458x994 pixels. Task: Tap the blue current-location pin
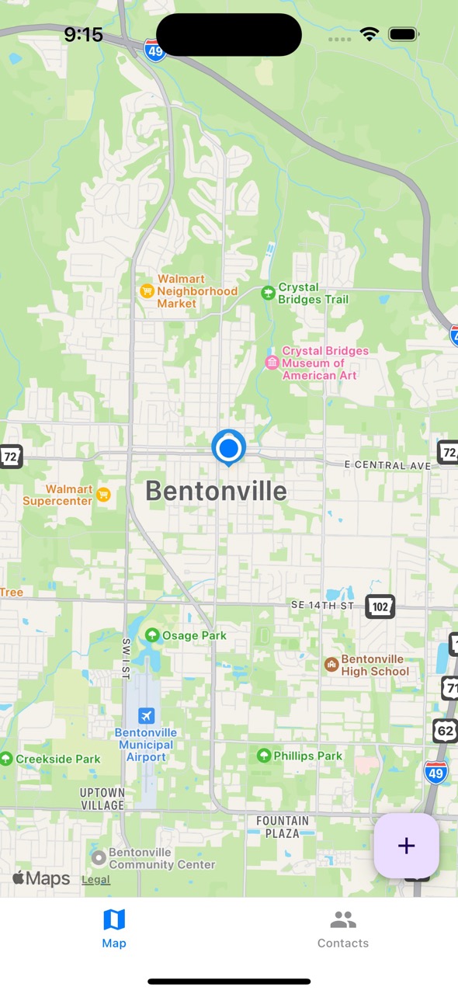[x=229, y=447]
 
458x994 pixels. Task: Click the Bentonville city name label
[x=216, y=491]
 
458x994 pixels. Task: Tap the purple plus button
[x=407, y=846]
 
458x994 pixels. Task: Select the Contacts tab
[x=343, y=930]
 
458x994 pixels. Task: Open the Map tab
[x=114, y=930]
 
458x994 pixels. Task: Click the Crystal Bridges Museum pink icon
[x=272, y=363]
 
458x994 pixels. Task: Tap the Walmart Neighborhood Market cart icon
[x=147, y=291]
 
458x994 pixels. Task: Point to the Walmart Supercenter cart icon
[x=103, y=494]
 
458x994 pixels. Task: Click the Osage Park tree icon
[x=152, y=635]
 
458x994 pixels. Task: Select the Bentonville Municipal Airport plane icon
[x=146, y=715]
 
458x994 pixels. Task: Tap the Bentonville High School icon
[x=331, y=664]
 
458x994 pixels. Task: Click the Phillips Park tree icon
[x=264, y=756]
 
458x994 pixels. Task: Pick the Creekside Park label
[x=58, y=759]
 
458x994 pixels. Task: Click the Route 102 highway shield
[x=380, y=606]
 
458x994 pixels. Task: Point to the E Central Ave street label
[x=387, y=465]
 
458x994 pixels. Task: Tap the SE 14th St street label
[x=322, y=605]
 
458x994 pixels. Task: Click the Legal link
[x=96, y=880]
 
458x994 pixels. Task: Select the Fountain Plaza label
[x=283, y=827]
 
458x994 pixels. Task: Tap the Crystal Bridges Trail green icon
[x=268, y=293]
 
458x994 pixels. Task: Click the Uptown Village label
[x=102, y=799]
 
